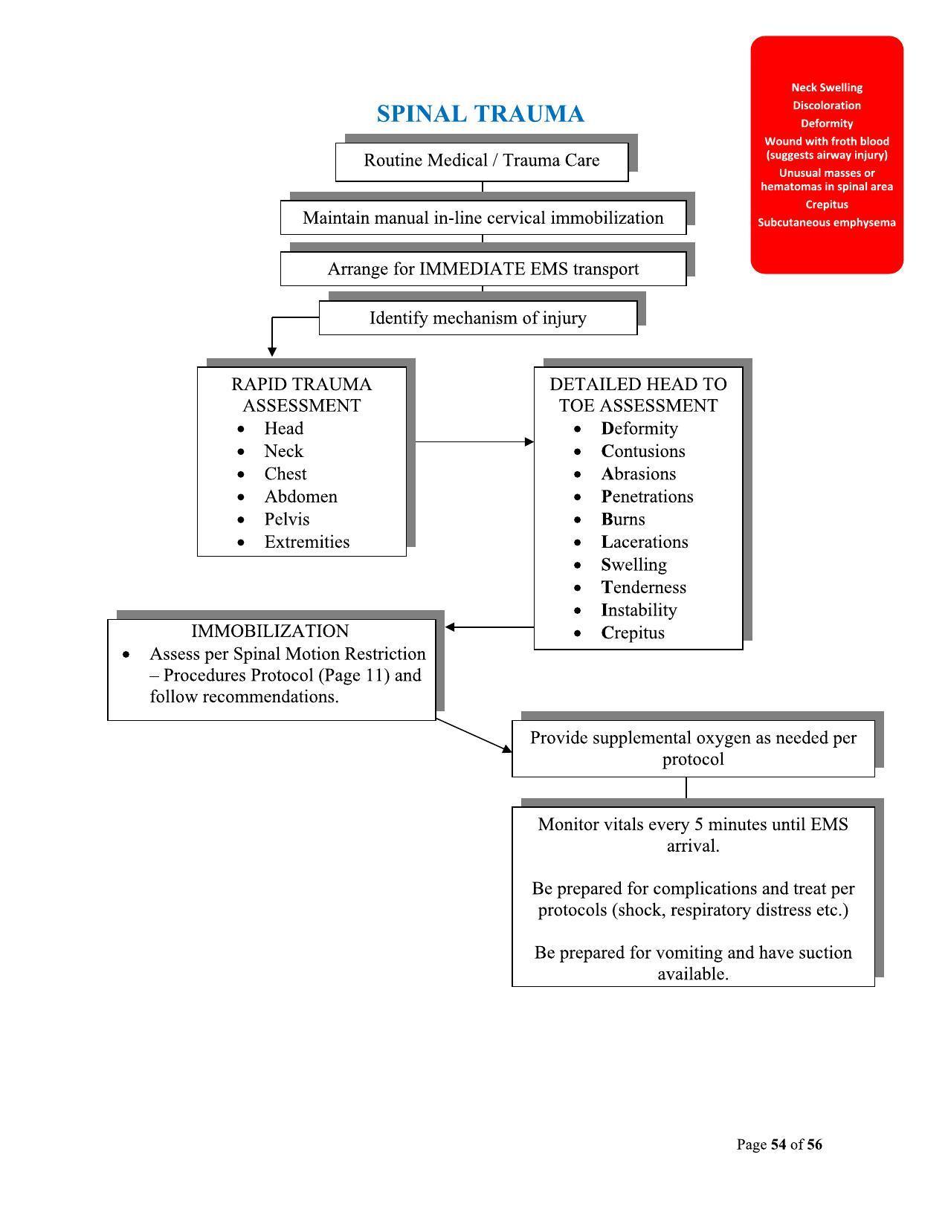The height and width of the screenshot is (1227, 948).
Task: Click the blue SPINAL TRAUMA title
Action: (480, 114)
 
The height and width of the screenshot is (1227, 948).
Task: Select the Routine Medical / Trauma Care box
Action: (481, 161)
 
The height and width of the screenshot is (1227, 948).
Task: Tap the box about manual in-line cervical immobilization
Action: (483, 218)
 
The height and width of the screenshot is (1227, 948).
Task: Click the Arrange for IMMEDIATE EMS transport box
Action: (483, 269)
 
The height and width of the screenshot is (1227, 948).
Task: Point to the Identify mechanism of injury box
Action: (477, 318)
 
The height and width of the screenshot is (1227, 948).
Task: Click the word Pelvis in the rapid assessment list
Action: (286, 519)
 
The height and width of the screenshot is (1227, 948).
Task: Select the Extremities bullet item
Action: (306, 543)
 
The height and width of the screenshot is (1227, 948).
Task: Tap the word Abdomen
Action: (300, 496)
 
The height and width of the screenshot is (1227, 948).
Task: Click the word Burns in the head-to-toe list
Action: (623, 519)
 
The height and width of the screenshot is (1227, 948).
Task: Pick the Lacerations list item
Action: (645, 543)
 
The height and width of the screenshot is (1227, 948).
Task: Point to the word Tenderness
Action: (643, 588)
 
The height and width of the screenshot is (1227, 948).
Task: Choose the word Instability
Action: (639, 610)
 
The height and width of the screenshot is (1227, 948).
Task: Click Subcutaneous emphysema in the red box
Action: (826, 223)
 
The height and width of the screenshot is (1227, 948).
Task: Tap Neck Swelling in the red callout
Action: (826, 88)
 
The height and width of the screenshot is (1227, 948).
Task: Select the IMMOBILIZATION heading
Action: (270, 631)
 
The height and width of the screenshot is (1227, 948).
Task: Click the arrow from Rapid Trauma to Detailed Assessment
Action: (474, 442)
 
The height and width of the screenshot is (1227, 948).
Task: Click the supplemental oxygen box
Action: (693, 748)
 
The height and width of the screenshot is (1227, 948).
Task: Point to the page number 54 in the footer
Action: (778, 1145)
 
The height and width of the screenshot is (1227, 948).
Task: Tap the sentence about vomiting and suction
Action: (693, 963)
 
